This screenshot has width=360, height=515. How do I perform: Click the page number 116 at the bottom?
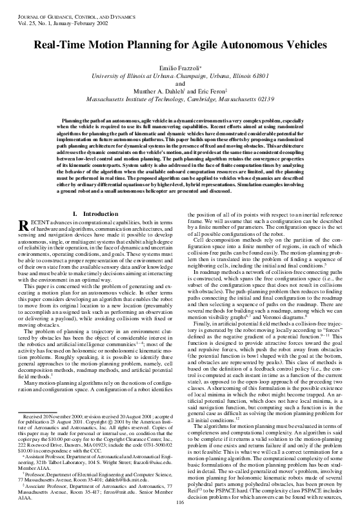(180, 502)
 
